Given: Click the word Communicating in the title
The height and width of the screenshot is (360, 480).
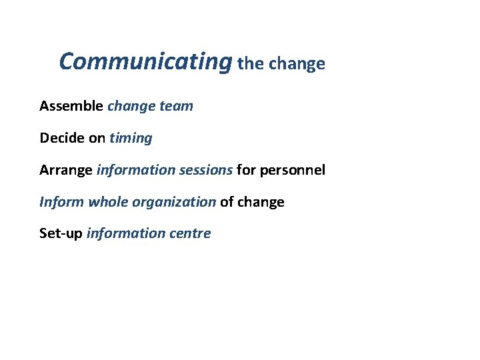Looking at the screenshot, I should pos(145,62).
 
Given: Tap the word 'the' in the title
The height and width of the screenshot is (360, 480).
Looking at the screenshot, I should pos(251,64).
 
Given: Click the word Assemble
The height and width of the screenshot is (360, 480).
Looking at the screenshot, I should pos(71,106).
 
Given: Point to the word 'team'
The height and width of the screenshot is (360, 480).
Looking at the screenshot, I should pos(176,106).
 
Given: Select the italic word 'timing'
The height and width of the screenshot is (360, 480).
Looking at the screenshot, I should pos(131,138).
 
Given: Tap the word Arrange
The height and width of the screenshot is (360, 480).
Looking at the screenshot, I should pos(66,170).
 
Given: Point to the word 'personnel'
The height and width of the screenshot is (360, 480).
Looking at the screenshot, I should pos(293,170).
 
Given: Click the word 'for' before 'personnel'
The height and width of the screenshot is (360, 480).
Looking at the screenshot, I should pos(246,170).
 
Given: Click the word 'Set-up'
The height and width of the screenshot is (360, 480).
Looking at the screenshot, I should pos(61,234).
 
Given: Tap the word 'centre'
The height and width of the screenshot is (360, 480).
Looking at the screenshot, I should pos(189,233).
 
